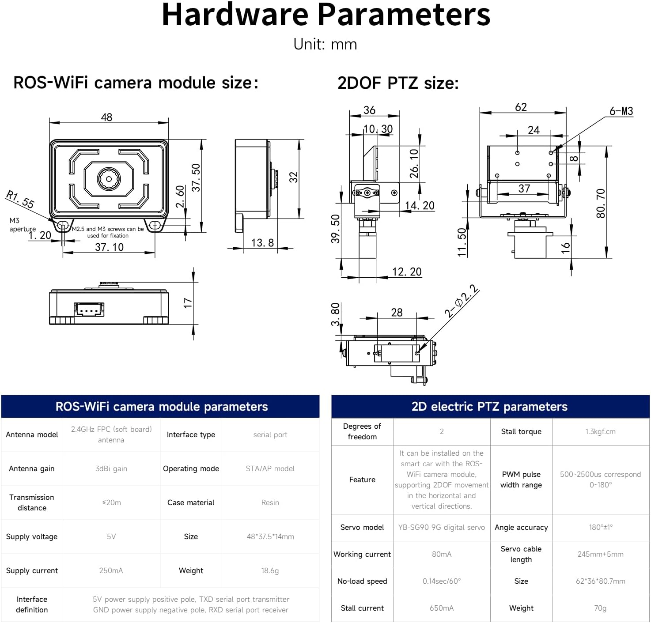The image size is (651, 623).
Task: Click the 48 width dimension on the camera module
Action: tap(106, 117)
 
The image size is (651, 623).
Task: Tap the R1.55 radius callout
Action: tap(20, 199)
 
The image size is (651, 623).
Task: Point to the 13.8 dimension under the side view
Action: tap(262, 243)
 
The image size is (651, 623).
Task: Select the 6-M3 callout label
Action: tap(621, 111)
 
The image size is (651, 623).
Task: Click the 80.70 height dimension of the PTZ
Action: tap(600, 203)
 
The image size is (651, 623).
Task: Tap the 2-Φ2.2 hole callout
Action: tap(461, 302)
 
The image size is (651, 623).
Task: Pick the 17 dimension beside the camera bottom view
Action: tap(188, 303)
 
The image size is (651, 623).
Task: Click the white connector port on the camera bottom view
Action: tap(89, 310)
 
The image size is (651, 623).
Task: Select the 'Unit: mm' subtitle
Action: tap(325, 45)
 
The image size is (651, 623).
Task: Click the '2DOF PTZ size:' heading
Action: tap(398, 83)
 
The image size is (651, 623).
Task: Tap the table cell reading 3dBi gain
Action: tap(111, 469)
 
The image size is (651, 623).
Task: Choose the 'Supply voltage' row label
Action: tap(32, 537)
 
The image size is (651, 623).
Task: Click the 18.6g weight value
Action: tap(270, 571)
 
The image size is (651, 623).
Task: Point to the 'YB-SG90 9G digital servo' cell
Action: tap(441, 528)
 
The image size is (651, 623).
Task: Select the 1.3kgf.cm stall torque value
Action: tap(600, 432)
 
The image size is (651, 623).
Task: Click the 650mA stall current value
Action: tap(441, 608)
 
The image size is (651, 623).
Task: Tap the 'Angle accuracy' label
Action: tap(521, 528)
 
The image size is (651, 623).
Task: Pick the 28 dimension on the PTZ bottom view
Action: tap(397, 313)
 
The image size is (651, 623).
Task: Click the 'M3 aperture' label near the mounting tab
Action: tap(22, 225)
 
